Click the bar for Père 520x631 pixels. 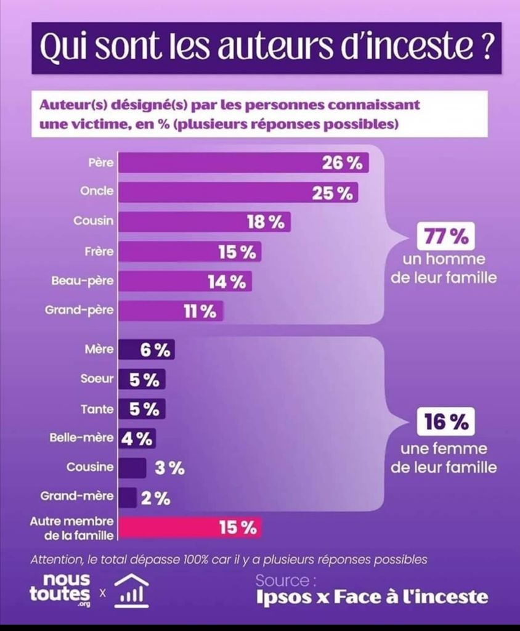(243, 163)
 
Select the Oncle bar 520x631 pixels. (238, 192)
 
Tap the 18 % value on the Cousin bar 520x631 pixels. (266, 222)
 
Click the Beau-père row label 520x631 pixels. (83, 280)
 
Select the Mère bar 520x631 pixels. (145, 349)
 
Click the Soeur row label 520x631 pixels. (97, 379)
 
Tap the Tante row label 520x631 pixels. (97, 409)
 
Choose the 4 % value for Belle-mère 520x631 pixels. (137, 439)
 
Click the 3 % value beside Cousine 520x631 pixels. (169, 468)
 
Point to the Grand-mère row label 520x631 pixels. (77, 496)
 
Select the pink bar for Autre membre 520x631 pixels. (189, 527)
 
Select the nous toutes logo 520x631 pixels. (60, 589)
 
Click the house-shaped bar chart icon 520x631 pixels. (131, 590)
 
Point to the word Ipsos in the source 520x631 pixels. (283, 597)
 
